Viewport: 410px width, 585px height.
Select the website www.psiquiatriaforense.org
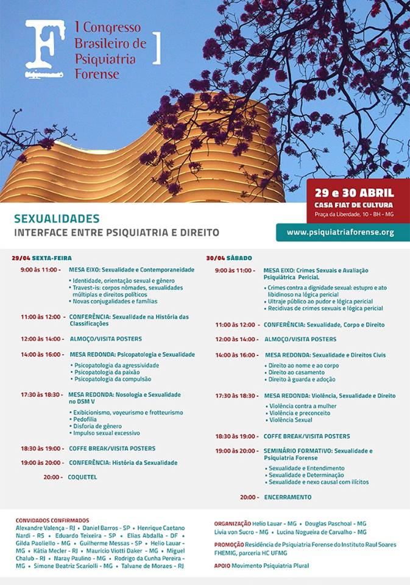(x=340, y=232)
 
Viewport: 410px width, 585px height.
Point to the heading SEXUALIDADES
(x=57, y=218)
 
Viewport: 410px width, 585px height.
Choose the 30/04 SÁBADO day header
(x=229, y=258)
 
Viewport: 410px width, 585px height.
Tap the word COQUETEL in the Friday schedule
(x=82, y=477)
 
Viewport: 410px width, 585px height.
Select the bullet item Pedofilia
(x=86, y=420)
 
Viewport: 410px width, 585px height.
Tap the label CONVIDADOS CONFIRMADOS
(x=52, y=520)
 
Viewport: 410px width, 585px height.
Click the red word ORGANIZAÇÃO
(x=233, y=523)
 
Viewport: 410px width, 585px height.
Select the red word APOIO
(x=222, y=565)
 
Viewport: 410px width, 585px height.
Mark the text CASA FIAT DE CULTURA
(x=354, y=205)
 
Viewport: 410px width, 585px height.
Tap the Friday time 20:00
(x=52, y=477)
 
